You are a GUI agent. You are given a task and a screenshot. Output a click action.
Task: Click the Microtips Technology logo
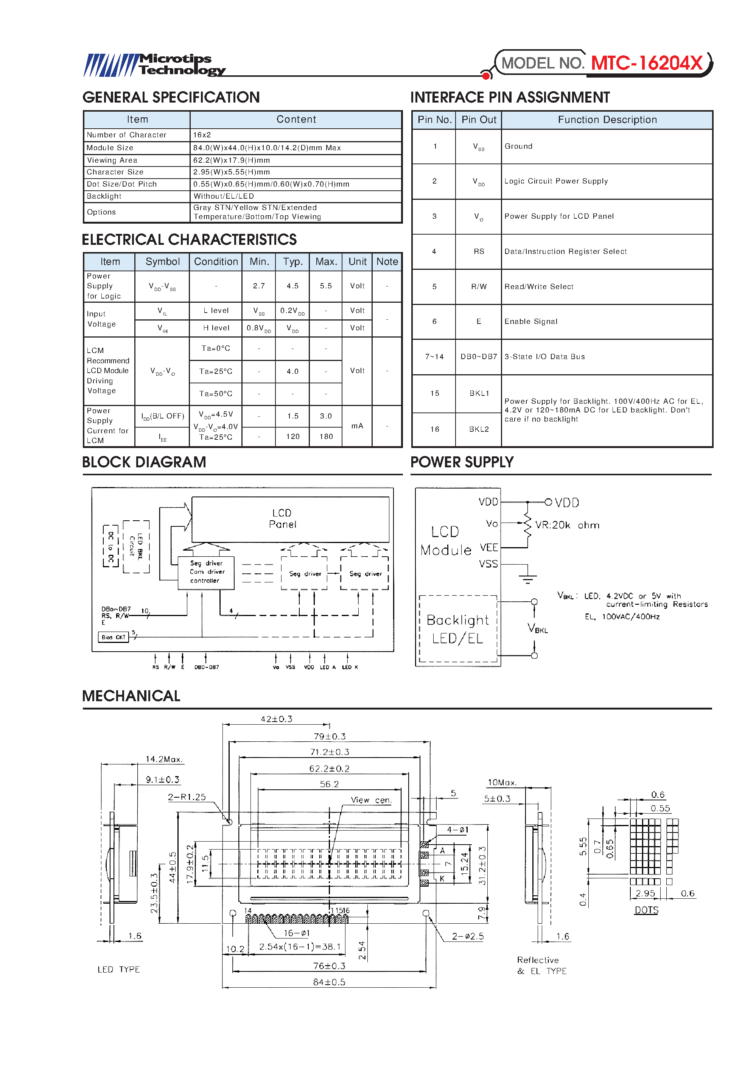coord(154,65)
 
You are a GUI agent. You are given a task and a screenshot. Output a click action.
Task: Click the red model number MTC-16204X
coord(647,63)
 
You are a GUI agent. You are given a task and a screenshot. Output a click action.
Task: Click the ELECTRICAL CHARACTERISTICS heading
coord(189,240)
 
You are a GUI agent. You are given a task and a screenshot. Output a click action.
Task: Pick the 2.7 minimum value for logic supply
coord(258,286)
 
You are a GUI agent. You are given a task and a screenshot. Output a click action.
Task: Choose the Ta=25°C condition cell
coord(216,372)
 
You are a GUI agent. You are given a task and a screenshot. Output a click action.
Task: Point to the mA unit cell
coord(357,426)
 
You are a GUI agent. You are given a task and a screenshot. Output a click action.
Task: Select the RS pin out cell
coord(479,251)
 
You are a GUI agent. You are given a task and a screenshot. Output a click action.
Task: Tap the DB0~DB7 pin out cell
coord(479,356)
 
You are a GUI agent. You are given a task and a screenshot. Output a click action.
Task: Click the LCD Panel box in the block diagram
coord(290,519)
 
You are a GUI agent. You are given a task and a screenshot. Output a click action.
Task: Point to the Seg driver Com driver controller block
coord(206,572)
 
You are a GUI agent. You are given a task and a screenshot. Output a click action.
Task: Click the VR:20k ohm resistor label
coord(567,525)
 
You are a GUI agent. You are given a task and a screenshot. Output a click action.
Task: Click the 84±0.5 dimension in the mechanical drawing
coord(329,982)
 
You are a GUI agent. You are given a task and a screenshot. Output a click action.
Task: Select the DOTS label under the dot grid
coord(646,910)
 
